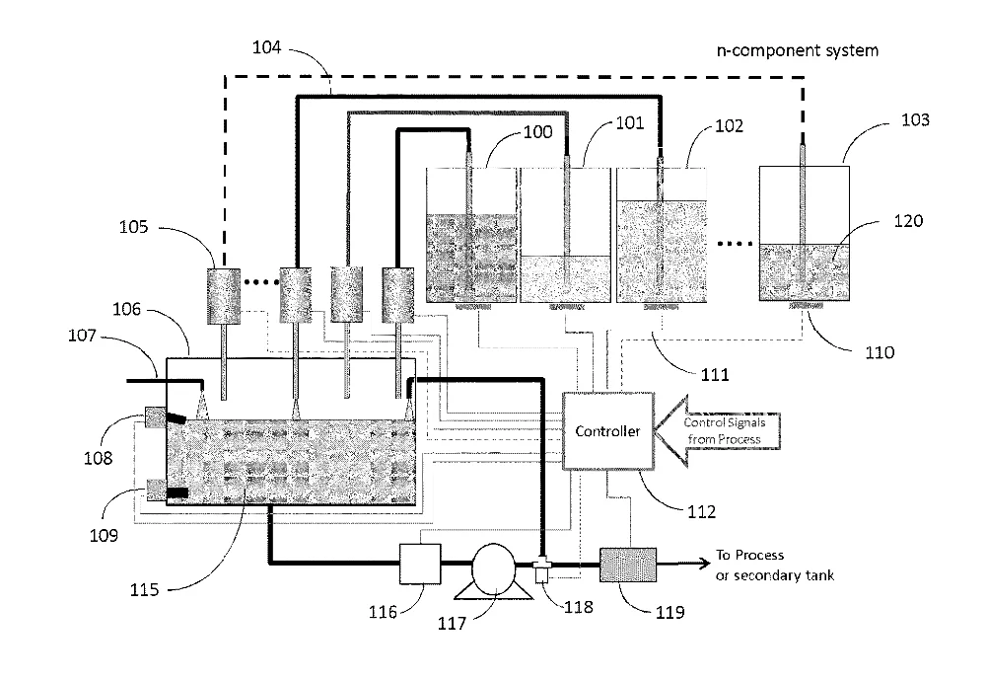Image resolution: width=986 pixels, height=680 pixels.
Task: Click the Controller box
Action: point(607,431)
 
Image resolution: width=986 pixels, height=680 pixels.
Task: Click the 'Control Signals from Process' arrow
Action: point(718,431)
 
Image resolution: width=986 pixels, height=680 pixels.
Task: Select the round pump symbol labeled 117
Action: point(494,569)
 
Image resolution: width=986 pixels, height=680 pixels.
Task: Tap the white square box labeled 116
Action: point(420,565)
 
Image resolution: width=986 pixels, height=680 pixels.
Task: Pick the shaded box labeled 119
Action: point(627,565)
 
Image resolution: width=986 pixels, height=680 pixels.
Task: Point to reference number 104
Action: point(266,47)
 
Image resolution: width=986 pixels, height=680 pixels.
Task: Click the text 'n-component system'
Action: point(798,50)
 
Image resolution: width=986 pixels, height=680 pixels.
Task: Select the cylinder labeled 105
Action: point(224,296)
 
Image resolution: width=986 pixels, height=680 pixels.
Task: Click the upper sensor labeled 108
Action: point(156,416)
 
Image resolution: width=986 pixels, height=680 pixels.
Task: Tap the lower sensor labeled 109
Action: point(157,490)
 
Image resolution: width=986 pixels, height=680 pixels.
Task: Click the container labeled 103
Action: point(805,233)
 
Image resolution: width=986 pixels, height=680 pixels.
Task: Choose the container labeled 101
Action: point(566,235)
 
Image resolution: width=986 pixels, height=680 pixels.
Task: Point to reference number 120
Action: point(908,221)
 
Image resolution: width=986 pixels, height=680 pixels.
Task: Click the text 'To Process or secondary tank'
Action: point(775,565)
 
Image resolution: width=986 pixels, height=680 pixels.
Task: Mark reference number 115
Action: point(144,590)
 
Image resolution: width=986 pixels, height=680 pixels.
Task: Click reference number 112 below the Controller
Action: point(702,511)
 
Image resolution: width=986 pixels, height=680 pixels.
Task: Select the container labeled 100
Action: point(471,235)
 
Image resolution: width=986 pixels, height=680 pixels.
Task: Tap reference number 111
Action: point(715,375)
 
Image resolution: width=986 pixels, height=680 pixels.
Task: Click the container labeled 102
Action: point(662,235)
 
